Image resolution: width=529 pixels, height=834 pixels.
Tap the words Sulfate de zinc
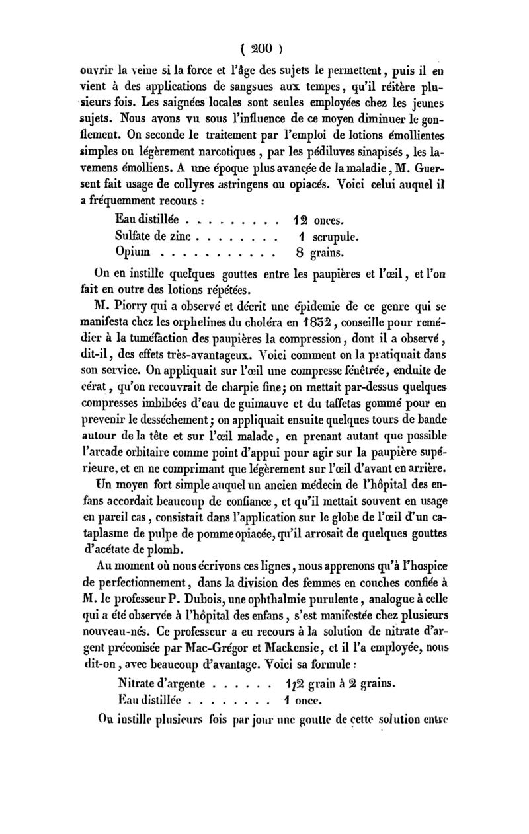click(152, 235)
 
